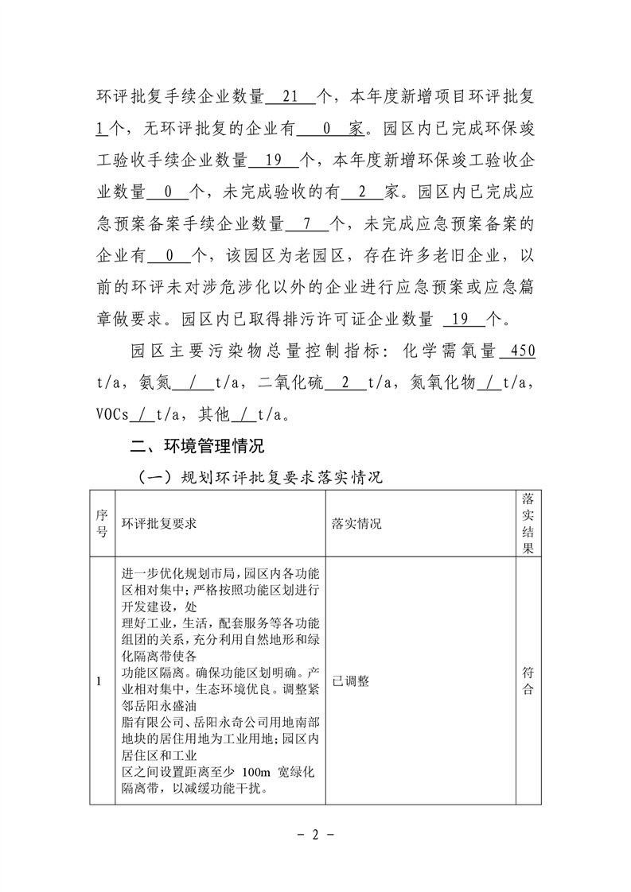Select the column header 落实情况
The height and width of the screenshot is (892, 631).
pos(356,525)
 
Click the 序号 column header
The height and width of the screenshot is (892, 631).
pos(101,524)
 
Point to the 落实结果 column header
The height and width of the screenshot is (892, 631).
pos(527,523)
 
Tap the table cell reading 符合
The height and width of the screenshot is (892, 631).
pos(527,681)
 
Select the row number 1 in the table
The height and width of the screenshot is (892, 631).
pos(99,681)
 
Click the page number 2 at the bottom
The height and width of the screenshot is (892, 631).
pos(315,835)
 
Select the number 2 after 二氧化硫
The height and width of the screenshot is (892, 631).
pos(345,382)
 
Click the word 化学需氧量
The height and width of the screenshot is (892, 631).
pos(450,351)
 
